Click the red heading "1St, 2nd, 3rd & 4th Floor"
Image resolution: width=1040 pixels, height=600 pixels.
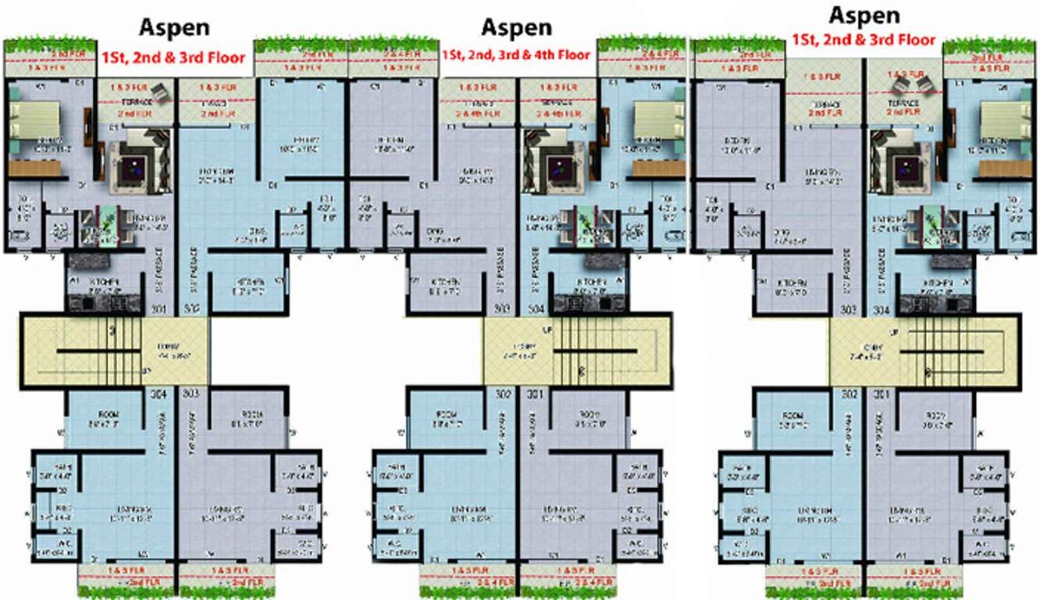tap(516, 55)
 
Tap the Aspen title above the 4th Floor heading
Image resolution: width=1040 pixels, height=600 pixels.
tap(516, 27)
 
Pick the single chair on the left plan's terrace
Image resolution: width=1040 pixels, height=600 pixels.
tap(161, 91)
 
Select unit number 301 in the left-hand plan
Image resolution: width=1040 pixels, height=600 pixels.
tap(159, 309)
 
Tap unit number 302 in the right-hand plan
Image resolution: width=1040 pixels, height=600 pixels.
tap(850, 394)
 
